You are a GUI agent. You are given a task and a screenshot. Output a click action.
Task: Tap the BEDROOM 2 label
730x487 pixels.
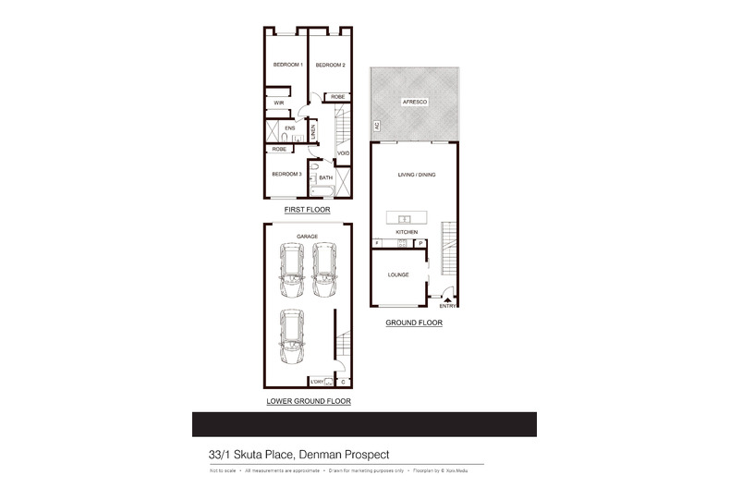(330, 65)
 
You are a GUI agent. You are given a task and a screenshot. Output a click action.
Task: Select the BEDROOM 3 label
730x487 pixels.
(286, 174)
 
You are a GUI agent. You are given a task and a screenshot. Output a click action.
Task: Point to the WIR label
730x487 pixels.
(277, 103)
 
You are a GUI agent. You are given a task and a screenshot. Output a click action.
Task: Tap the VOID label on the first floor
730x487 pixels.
(343, 153)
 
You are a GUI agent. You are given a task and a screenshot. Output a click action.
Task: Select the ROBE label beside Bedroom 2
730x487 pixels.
(338, 96)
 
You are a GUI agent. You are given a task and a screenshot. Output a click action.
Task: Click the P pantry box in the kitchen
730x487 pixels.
(420, 243)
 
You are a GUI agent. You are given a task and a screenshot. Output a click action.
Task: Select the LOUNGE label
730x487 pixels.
(399, 274)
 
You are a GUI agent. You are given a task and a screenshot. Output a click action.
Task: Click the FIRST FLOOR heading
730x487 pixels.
(307, 210)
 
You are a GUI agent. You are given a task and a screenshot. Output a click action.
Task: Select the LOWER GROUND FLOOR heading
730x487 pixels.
(308, 401)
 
